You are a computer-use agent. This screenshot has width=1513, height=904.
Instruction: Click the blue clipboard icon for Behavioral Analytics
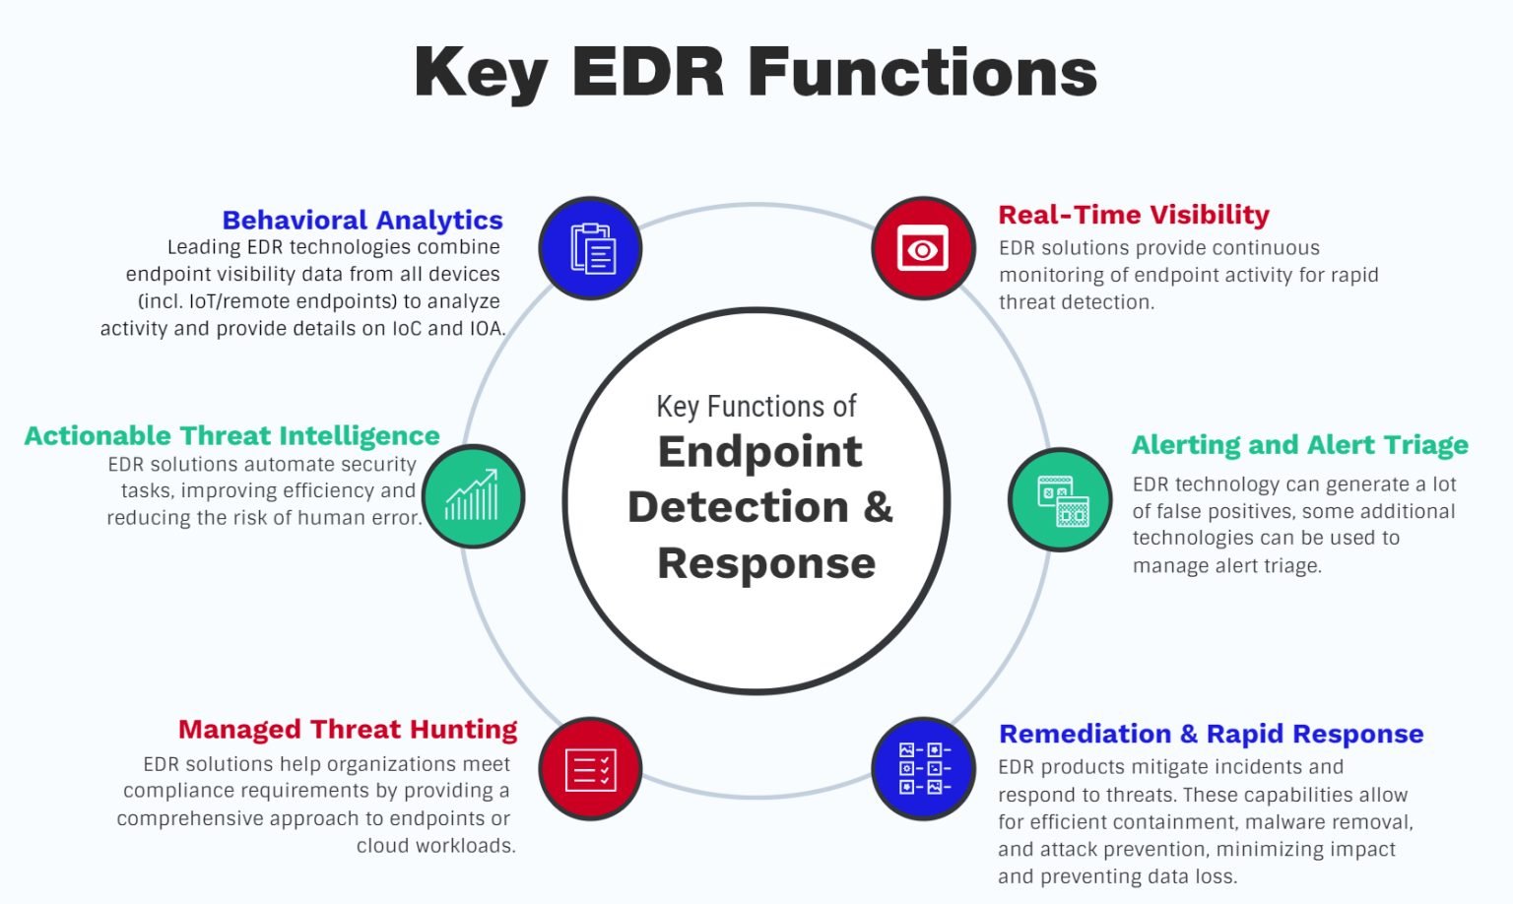pyautogui.click(x=590, y=248)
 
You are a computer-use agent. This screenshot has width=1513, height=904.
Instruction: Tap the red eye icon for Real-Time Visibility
pyautogui.click(x=923, y=248)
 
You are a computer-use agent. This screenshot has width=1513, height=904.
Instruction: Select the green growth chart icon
pyautogui.click(x=473, y=495)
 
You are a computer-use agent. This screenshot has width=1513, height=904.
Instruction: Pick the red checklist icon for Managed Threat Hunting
pyautogui.click(x=590, y=769)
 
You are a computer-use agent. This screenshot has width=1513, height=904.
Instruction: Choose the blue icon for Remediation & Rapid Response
pyautogui.click(x=923, y=769)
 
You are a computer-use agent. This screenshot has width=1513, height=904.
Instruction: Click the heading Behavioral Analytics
pyautogui.click(x=362, y=220)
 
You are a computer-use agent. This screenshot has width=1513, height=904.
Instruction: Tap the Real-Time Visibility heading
pyautogui.click(x=1134, y=215)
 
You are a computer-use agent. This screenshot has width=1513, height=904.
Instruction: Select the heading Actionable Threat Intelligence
pyautogui.click(x=232, y=435)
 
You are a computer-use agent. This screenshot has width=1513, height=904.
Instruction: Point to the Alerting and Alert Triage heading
pyautogui.click(x=1299, y=445)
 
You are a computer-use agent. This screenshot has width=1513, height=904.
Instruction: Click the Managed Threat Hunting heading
pyautogui.click(x=348, y=729)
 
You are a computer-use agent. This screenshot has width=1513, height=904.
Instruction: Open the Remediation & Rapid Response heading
pyautogui.click(x=1211, y=734)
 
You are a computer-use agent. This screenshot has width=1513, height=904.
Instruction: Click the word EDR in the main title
pyautogui.click(x=648, y=73)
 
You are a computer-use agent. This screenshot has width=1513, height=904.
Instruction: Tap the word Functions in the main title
pyautogui.click(x=922, y=73)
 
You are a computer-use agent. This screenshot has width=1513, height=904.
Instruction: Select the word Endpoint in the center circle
pyautogui.click(x=759, y=452)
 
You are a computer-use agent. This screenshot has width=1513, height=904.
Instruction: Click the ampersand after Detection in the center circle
pyautogui.click(x=878, y=507)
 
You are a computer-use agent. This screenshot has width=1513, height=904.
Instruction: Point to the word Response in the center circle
pyautogui.click(x=766, y=563)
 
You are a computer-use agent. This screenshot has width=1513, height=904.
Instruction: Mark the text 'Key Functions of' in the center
pyautogui.click(x=756, y=406)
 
